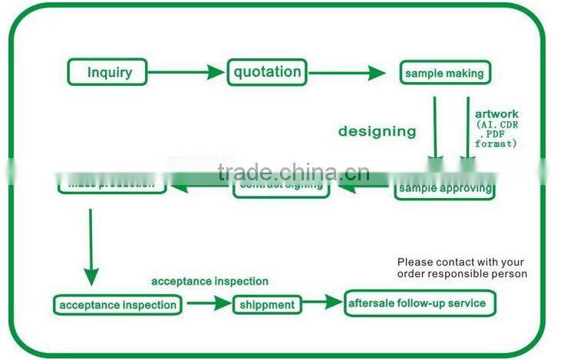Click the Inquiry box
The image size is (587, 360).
108,73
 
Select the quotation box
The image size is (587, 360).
267,72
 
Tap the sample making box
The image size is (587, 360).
444,74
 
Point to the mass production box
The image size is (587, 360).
111,185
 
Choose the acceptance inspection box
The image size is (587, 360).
118,305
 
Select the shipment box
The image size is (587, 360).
266,305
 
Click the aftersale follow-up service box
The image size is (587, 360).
419,303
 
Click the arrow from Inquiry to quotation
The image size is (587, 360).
187,73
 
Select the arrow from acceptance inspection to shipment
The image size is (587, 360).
208,304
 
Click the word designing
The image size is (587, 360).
377,131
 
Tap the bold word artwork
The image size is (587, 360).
496,114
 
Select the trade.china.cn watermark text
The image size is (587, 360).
282,172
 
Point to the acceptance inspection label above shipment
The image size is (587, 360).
209,282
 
